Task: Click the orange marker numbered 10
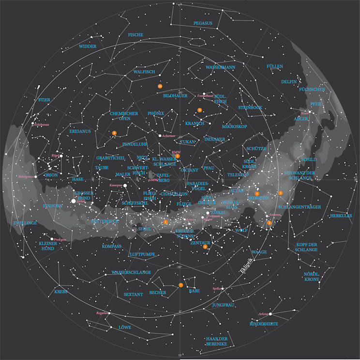160,86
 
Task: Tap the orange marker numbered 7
180,285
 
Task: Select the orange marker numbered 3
270,223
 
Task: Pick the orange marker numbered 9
200,110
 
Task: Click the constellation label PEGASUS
203,23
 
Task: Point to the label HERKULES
341,216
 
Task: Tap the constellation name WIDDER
88,46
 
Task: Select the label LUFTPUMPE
142,254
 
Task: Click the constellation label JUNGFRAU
223,305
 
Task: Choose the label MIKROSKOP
235,127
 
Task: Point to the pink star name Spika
216,289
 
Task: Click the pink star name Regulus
101,313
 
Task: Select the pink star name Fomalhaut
206,96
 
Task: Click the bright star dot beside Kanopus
125,185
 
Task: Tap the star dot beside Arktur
270,314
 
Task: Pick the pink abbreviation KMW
176,152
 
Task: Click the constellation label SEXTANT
133,294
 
